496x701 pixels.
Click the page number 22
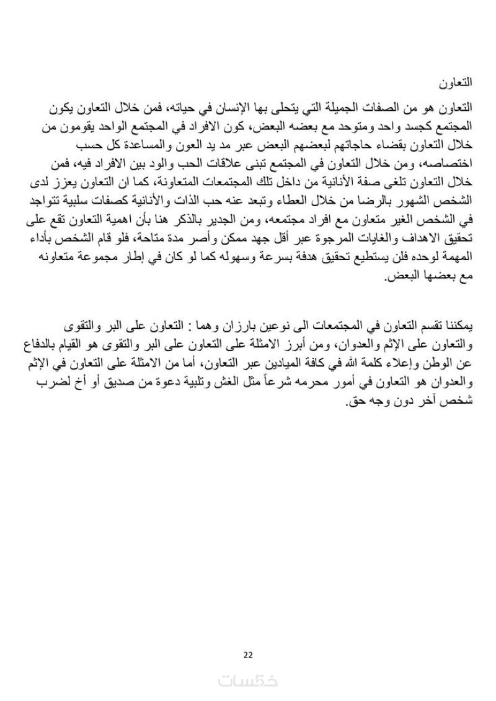pyautogui.click(x=248, y=655)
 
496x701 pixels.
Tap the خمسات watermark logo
pyautogui.click(x=248, y=679)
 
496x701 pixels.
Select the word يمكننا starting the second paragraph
pyautogui.click(x=456, y=326)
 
